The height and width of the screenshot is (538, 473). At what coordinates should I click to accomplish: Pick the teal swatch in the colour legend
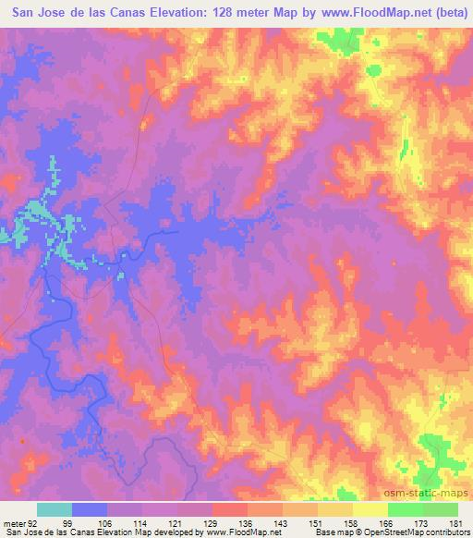55,509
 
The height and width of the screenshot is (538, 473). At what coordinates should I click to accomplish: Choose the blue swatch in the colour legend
90,509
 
